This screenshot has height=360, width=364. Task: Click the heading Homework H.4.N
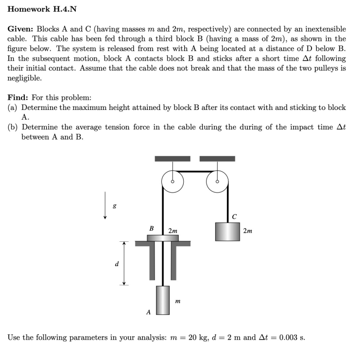pyautogui.click(x=42, y=9)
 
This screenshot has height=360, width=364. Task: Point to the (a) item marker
pyautogui.click(x=13, y=107)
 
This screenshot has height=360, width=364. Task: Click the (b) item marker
pyautogui.click(x=13, y=127)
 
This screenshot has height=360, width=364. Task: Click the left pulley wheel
pyautogui.click(x=173, y=182)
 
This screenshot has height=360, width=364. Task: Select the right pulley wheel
pyautogui.click(x=217, y=182)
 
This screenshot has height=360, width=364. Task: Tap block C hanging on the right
pyautogui.click(x=227, y=231)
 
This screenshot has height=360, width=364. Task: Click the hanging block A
pyautogui.click(x=162, y=300)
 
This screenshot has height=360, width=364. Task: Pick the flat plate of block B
pyautogui.click(x=163, y=238)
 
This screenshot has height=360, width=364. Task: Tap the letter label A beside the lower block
pyautogui.click(x=148, y=312)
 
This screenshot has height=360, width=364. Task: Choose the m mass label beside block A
pyautogui.click(x=177, y=302)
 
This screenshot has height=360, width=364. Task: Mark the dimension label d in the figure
pyautogui.click(x=116, y=264)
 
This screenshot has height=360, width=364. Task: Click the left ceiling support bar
pyautogui.click(x=173, y=159)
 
